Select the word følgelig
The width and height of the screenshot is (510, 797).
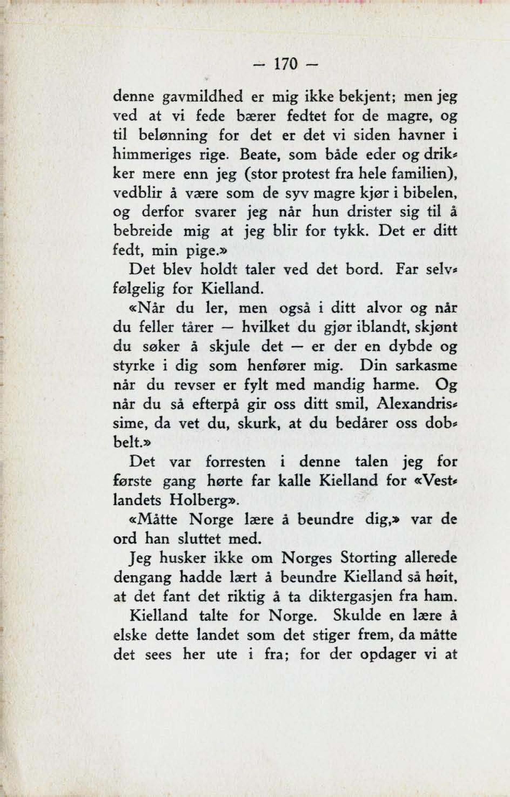pyautogui.click(x=138, y=289)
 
